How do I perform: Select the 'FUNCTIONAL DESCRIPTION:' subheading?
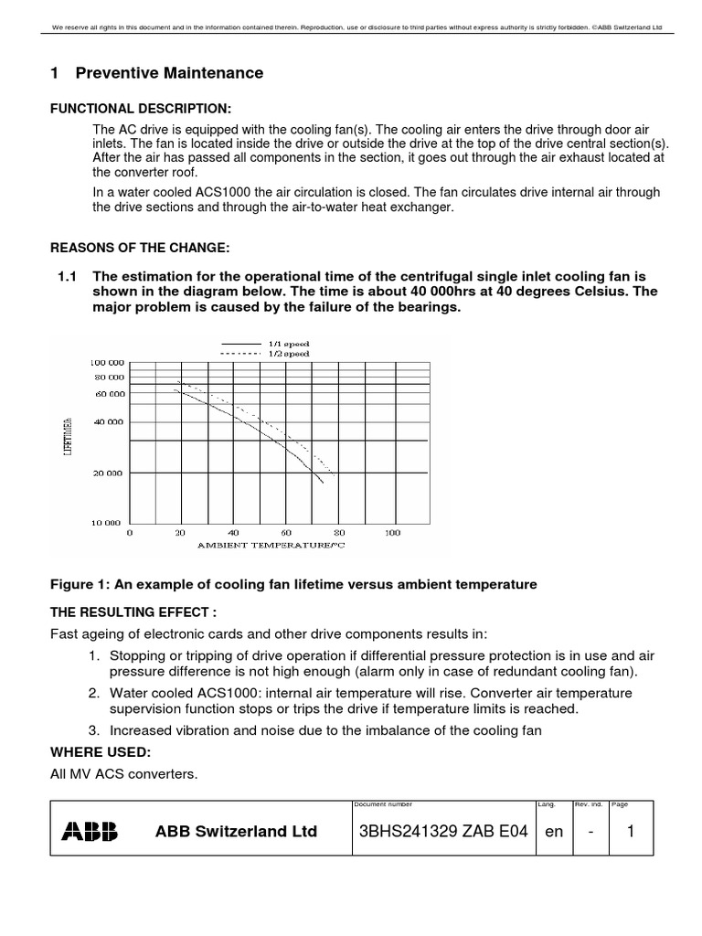134,110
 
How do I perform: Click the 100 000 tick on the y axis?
107,362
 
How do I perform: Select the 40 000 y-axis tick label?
109,422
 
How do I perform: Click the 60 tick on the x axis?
286,532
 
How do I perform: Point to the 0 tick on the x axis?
129,532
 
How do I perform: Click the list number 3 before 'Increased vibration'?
93,729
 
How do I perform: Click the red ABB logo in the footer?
89,831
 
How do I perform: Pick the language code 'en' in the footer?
554,832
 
